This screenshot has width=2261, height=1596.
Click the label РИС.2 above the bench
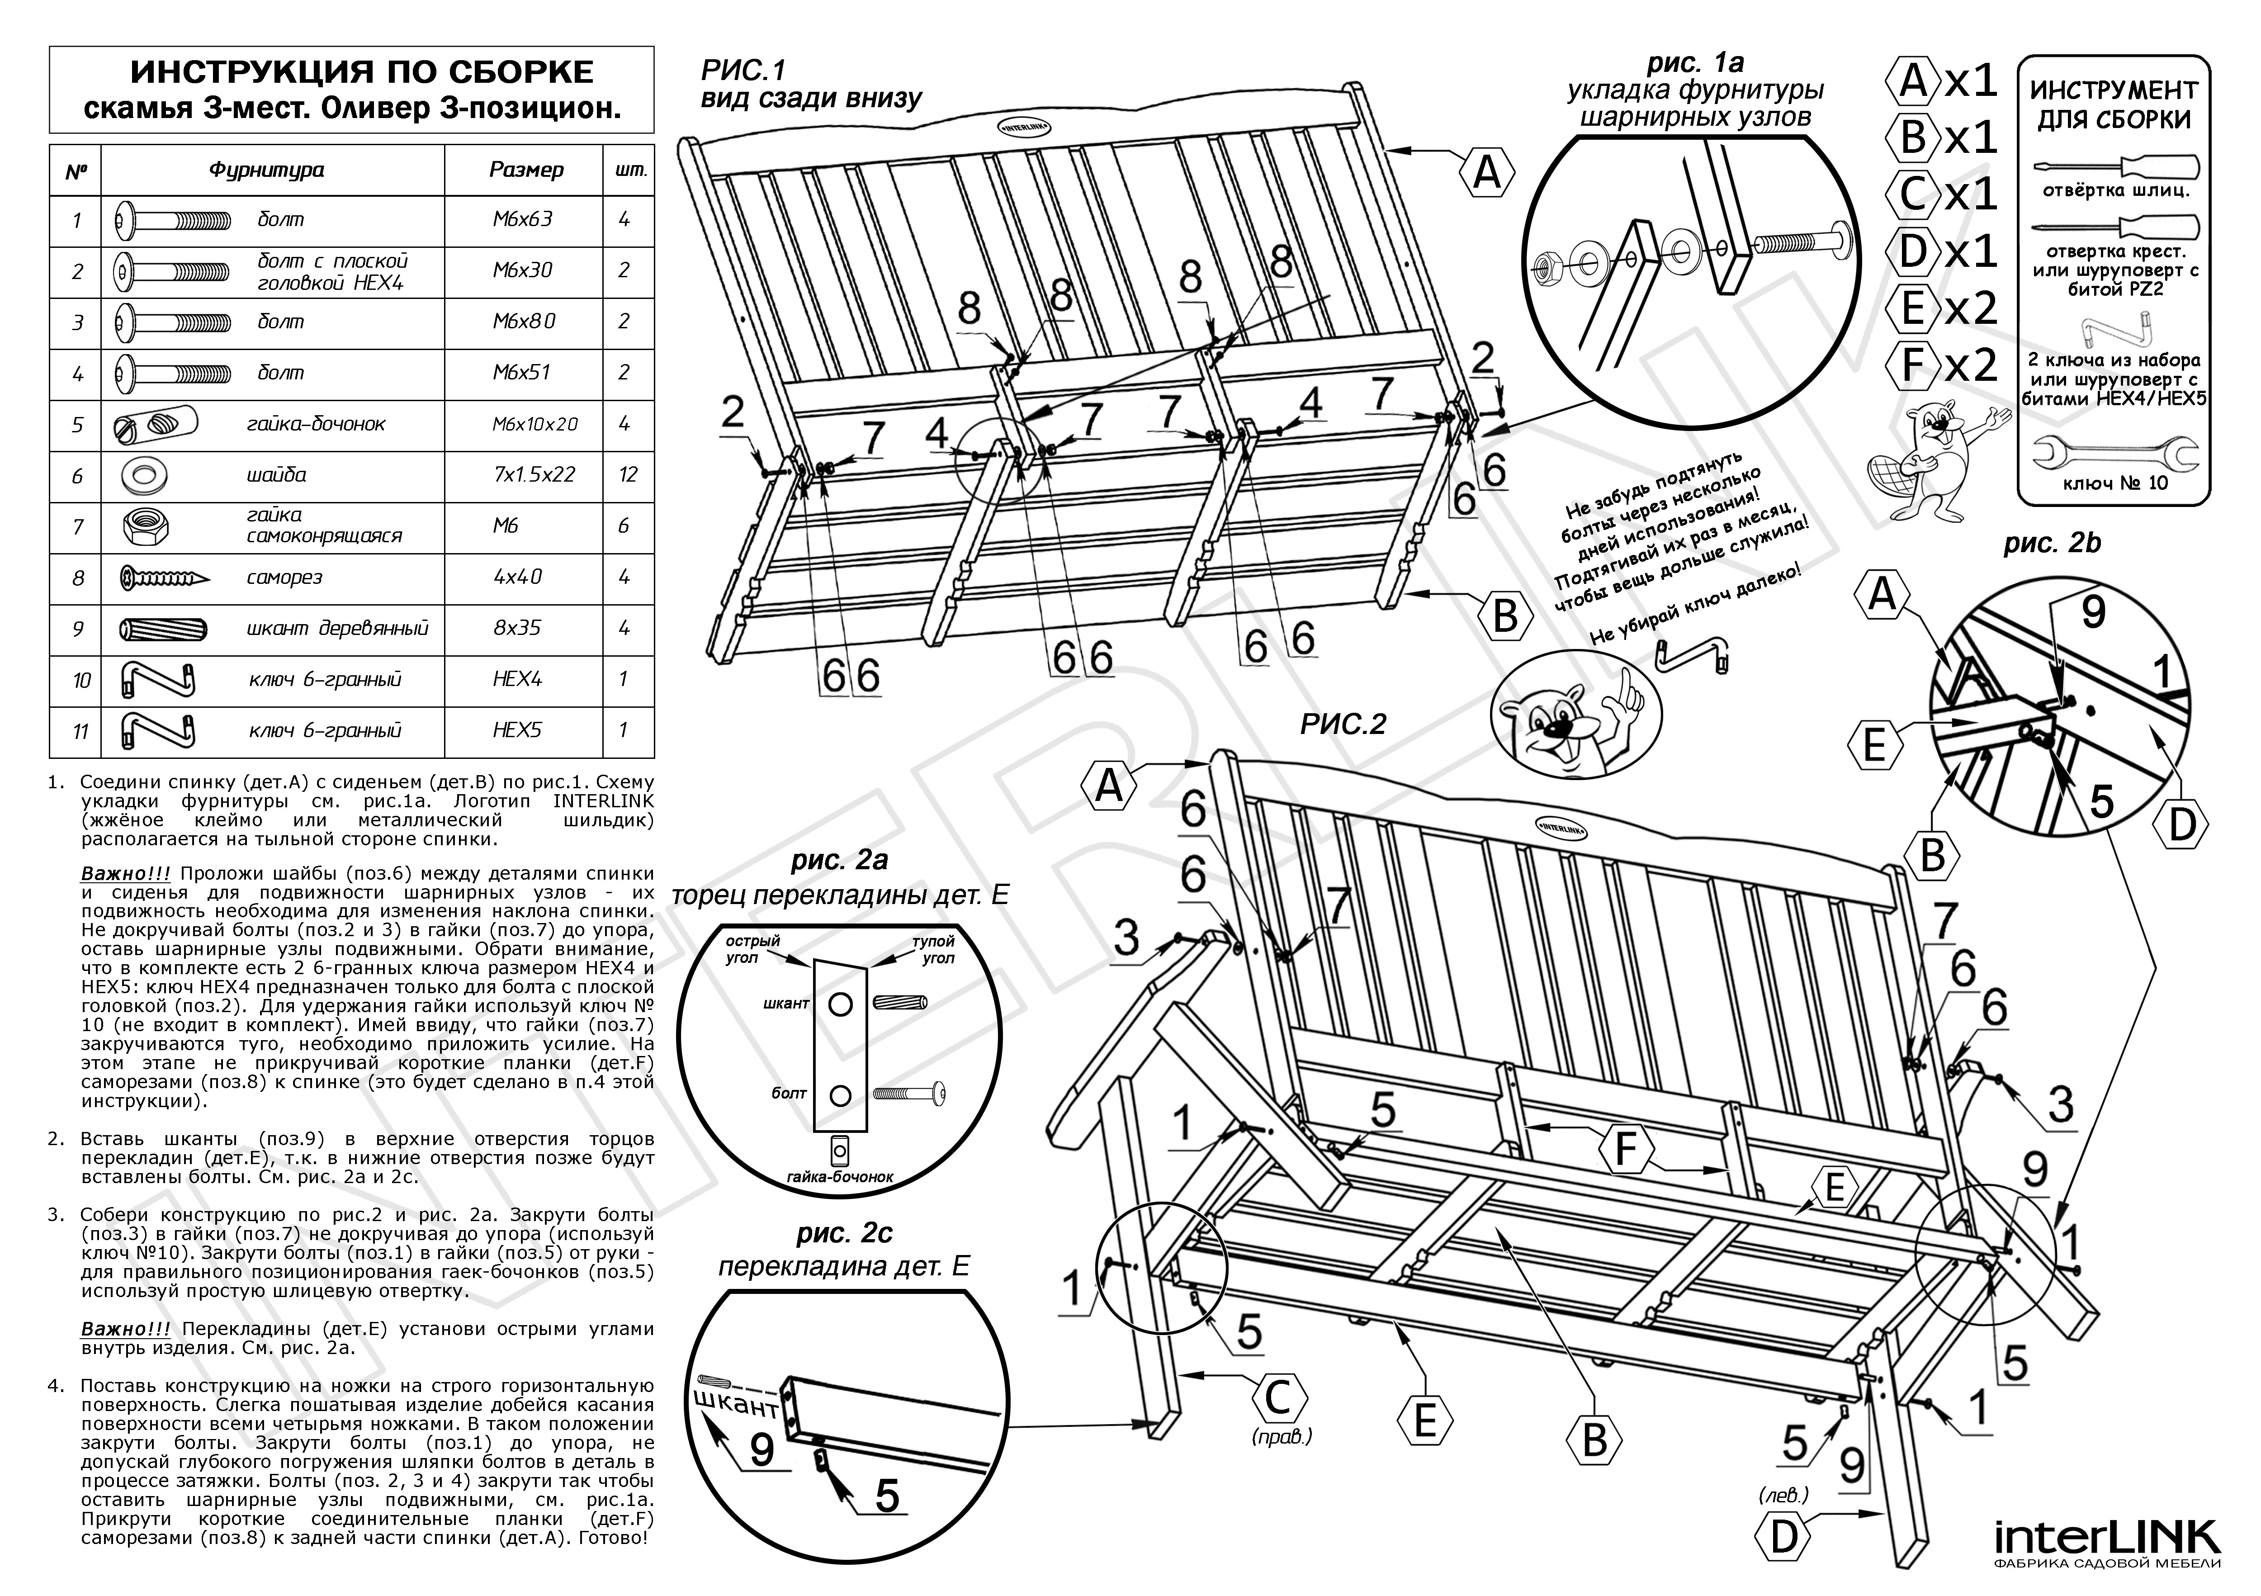tap(1343, 725)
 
